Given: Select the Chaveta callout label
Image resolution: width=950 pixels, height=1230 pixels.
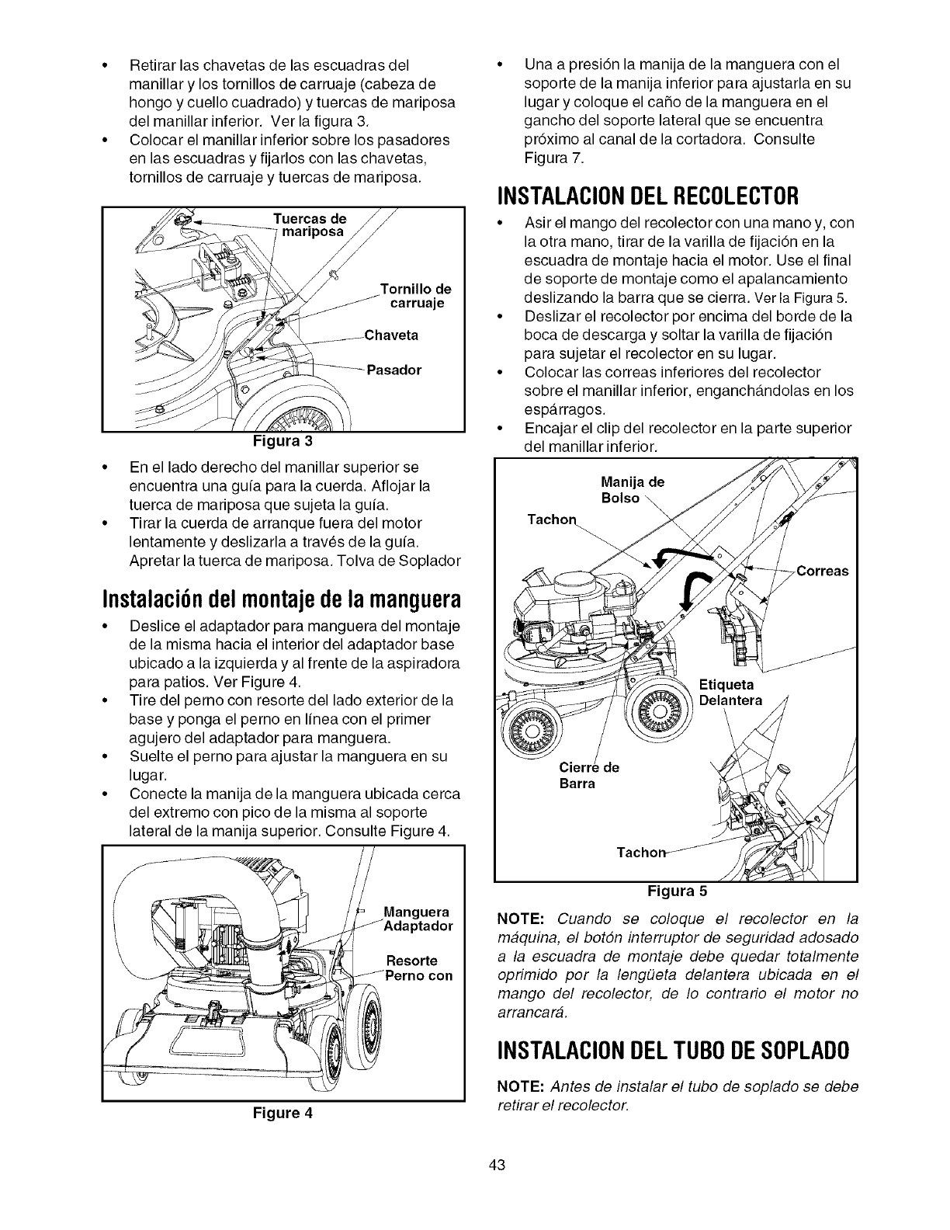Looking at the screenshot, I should coord(391,335).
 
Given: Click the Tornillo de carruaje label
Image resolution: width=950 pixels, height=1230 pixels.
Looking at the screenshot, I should coord(416,296).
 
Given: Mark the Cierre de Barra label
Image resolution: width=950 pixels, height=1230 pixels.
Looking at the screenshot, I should coord(588,776).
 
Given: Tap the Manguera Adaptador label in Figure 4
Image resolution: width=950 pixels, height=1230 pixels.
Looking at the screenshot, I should coord(418,919).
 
